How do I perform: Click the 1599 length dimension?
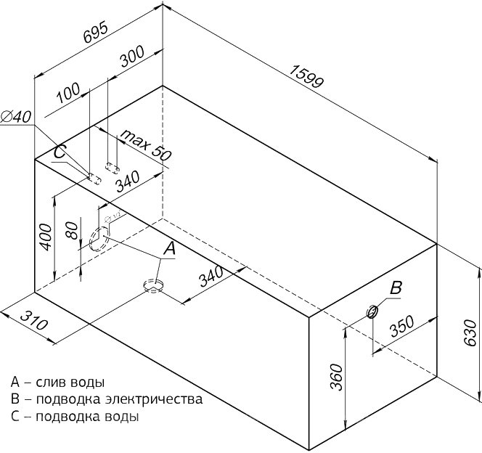[x=306, y=79]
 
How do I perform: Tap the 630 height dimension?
[x=470, y=334]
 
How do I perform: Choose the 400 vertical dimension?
[x=45, y=237]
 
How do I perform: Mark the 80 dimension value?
[x=71, y=230]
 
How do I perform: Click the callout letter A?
[x=170, y=249]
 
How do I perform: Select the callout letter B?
[x=396, y=287]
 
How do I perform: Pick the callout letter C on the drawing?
[x=60, y=153]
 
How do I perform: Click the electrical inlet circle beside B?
[x=372, y=312]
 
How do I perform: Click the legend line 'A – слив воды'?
[x=57, y=382]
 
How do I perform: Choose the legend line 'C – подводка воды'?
[x=75, y=417]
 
